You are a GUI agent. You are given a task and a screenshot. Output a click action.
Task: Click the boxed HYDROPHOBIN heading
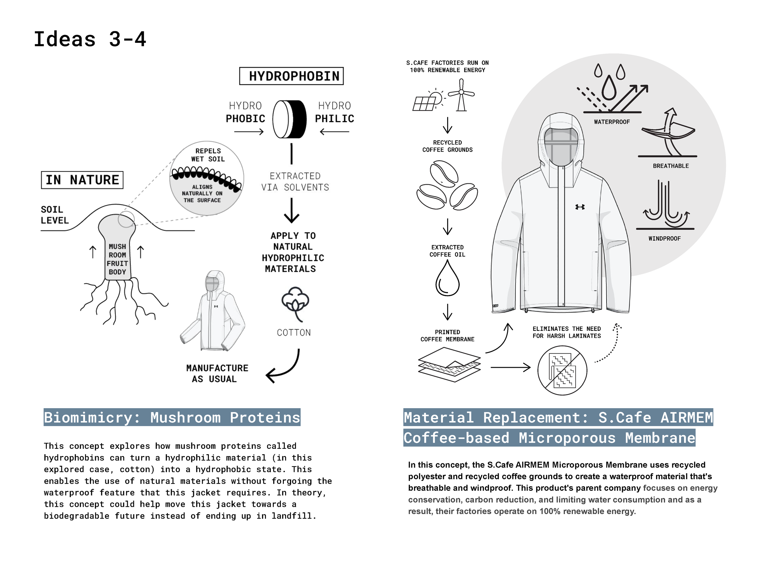[291, 76]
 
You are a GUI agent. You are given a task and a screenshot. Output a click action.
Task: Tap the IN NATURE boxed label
[82, 180]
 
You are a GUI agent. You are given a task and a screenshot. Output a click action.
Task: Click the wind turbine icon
[461, 95]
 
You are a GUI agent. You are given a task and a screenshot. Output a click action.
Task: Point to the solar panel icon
[425, 102]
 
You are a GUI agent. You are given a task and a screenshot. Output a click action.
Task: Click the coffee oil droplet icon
[448, 279]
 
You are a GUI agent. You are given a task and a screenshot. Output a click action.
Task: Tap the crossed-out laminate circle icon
[562, 370]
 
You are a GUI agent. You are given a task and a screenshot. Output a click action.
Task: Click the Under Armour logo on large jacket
[580, 207]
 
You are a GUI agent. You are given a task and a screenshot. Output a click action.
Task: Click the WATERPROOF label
[612, 122]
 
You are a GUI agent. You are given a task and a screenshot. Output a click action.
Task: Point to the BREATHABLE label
[670, 166]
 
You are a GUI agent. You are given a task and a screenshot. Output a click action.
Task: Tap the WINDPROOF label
[664, 238]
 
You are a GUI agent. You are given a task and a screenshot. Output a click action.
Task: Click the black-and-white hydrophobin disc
[290, 119]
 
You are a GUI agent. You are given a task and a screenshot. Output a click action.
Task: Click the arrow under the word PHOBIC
[249, 132]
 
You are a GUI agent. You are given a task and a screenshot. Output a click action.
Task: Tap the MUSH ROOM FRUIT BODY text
[117, 259]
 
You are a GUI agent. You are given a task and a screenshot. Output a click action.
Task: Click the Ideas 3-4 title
[90, 39]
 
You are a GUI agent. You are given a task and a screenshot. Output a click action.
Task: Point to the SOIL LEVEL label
[55, 215]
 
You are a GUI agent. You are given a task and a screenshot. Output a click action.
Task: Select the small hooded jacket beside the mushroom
[213, 310]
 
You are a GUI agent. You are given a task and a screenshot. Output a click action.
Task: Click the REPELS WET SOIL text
[208, 155]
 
